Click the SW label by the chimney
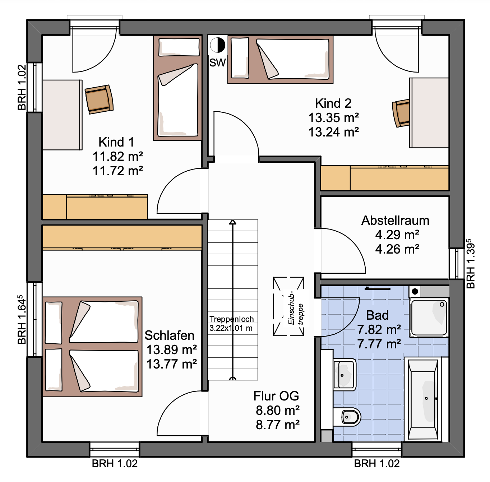pyautogui.click(x=217, y=62)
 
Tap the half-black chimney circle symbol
pyautogui.click(x=218, y=45)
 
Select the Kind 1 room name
pyautogui.click(x=116, y=142)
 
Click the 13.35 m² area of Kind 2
pyautogui.click(x=333, y=118)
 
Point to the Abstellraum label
pyautogui.click(x=395, y=220)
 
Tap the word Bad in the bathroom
pyautogui.click(x=377, y=315)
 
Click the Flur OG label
pyautogui.click(x=276, y=396)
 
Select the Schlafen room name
pyautogui.click(x=169, y=335)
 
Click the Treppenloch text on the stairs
pyautogui.click(x=231, y=319)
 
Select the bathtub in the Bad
pyautogui.click(x=422, y=399)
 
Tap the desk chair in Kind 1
pyautogui.click(x=99, y=99)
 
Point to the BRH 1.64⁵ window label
pyautogui.click(x=22, y=319)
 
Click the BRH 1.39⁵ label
pyautogui.click(x=470, y=264)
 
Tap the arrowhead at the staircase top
pyautogui.click(x=233, y=222)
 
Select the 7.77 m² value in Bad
pyautogui.click(x=379, y=344)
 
